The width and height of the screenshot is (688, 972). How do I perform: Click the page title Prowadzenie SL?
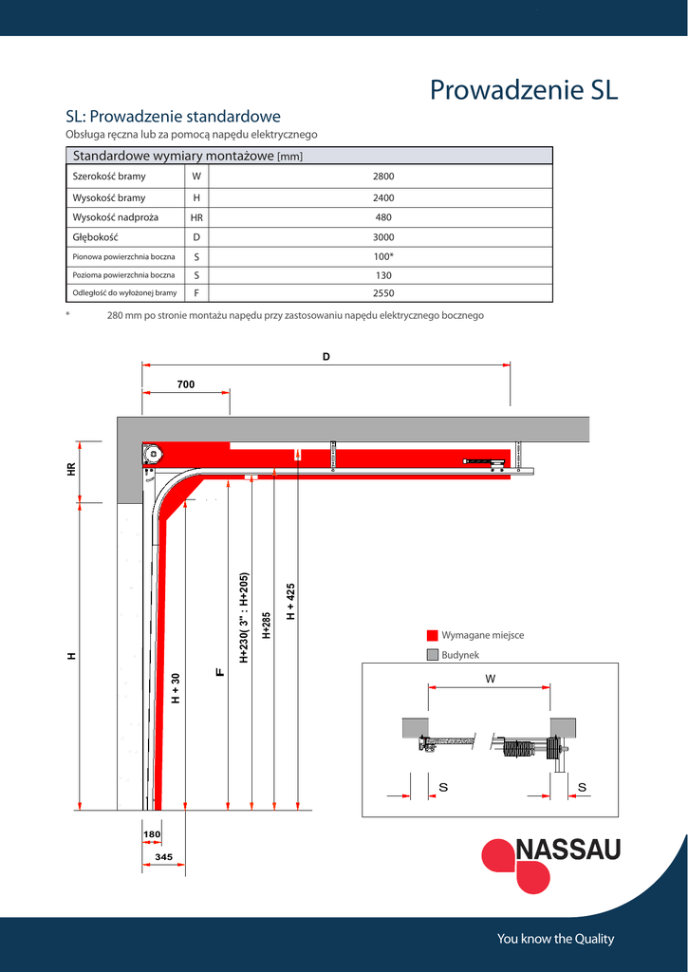[x=524, y=89]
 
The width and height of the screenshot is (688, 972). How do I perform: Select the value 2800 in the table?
[x=383, y=177]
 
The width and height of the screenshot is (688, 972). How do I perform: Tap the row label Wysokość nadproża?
[x=116, y=217]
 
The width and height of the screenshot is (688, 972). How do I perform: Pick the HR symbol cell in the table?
[x=196, y=217]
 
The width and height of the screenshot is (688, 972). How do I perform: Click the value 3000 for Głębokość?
[x=383, y=237]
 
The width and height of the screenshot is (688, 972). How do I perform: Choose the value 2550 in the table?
[x=383, y=293]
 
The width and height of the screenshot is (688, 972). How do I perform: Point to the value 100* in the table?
[x=383, y=256]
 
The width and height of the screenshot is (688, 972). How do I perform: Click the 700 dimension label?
[x=185, y=384]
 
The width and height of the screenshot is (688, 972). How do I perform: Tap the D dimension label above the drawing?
[x=326, y=357]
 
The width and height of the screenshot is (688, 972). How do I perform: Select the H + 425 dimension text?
[x=290, y=602]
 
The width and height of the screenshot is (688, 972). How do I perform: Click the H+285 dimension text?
[x=267, y=626]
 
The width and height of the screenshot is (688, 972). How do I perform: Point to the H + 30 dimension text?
[x=176, y=688]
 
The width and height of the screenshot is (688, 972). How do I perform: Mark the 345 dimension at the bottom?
[x=162, y=856]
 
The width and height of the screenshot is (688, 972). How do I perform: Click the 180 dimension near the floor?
[x=151, y=834]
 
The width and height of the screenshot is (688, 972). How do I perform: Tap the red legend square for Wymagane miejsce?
[x=432, y=635]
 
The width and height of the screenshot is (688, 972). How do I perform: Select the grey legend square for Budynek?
[x=432, y=655]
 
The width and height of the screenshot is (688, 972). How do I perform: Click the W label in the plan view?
[x=491, y=679]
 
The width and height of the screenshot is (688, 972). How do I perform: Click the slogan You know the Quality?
[x=555, y=939]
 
